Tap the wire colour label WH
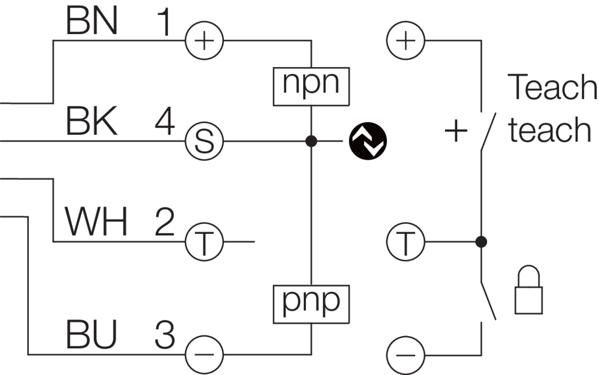pos(96,222)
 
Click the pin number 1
pos(165,22)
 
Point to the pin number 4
pos(165,122)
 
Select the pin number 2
pos(164,222)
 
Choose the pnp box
pos(311,301)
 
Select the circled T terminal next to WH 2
pos(204,242)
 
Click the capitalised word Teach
pos(552,88)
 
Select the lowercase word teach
pos(550,130)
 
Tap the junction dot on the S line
pos(312,141)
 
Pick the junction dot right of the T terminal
pos(480,242)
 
